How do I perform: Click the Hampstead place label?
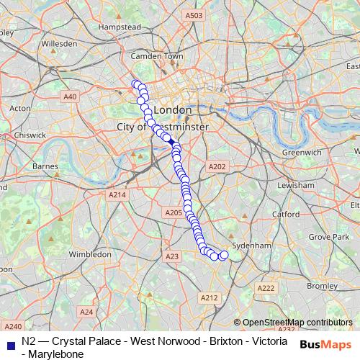pos(119,27)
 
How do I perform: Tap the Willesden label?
pos(59,43)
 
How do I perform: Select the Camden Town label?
pos(163,55)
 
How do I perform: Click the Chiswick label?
pos(30,134)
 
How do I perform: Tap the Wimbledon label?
pos(90,253)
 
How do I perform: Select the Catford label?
pos(286,214)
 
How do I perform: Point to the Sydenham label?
pos(253,246)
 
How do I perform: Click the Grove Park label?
pos(328,236)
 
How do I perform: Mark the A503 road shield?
pos(194,15)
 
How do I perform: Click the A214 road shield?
pos(117,195)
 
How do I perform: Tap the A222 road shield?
pos(266,288)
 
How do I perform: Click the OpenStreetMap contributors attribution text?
pos(297,323)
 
